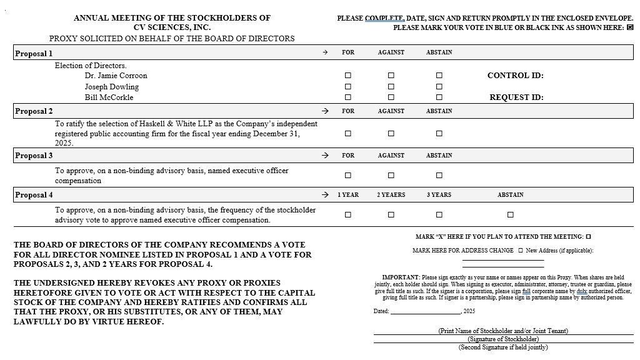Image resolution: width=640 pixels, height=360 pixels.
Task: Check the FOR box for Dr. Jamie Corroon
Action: [348, 76]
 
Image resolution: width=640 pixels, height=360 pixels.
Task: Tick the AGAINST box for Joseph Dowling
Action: [391, 87]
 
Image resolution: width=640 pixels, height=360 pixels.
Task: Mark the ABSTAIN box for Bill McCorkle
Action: [439, 97]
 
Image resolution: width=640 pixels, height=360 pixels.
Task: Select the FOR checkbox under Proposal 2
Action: [348, 133]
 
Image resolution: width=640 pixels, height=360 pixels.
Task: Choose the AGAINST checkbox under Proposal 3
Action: [391, 176]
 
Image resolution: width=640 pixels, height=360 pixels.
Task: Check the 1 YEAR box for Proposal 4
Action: [348, 215]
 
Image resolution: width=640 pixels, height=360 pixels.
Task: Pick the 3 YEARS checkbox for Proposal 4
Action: [439, 215]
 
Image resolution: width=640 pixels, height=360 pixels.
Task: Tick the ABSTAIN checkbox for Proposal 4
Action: [511, 215]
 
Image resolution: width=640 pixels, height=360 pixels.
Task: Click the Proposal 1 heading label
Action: [34, 54]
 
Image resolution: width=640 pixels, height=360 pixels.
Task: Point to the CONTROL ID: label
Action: [516, 76]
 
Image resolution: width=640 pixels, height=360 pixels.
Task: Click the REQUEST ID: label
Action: [516, 97]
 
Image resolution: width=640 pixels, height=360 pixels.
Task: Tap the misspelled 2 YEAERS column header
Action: [391, 195]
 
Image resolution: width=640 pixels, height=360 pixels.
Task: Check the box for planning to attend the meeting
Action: [589, 237]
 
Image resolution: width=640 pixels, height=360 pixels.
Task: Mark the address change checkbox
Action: [521, 251]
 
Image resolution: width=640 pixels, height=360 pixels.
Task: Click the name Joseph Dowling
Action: [112, 87]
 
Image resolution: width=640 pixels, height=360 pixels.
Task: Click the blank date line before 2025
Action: [425, 312]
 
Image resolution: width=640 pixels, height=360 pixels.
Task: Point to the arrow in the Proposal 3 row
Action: [325, 156]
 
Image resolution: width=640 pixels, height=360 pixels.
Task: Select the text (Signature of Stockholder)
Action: [503, 339]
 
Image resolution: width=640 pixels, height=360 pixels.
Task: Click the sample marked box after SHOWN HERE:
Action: [629, 27]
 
